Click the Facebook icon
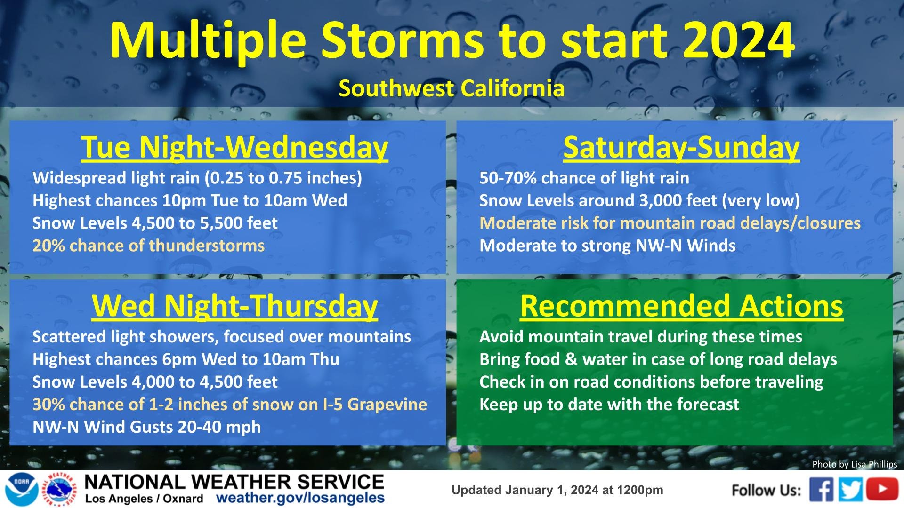coord(822,490)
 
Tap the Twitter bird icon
coord(850,490)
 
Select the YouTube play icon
coord(882,489)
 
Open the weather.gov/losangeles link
coord(300,498)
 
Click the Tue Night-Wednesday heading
coord(234,147)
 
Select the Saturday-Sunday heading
coord(681,147)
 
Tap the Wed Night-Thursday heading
coord(234,306)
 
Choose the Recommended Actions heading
coord(681,306)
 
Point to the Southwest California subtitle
coord(452,88)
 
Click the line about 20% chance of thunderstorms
coord(149,246)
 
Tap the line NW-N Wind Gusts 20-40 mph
coord(146,427)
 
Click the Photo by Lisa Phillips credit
coord(855,464)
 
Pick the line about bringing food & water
coord(658,359)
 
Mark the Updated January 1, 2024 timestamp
coord(557,490)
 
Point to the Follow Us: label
coord(766,490)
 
